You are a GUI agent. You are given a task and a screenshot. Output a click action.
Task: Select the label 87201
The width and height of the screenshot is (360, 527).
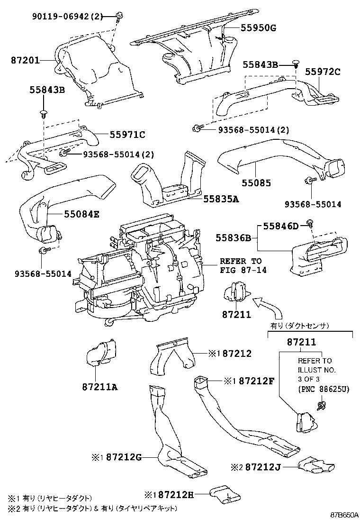[25, 61]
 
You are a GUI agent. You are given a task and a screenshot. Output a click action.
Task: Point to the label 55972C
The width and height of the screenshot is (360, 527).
[323, 72]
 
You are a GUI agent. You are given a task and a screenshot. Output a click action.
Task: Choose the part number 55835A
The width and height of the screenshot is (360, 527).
[221, 199]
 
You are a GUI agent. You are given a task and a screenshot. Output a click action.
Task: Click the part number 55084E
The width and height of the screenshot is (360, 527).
[81, 214]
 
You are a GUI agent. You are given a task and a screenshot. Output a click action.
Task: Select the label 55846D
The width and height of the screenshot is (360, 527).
[281, 226]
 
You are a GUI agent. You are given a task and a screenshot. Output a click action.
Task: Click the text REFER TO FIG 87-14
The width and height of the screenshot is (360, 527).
[240, 265]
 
